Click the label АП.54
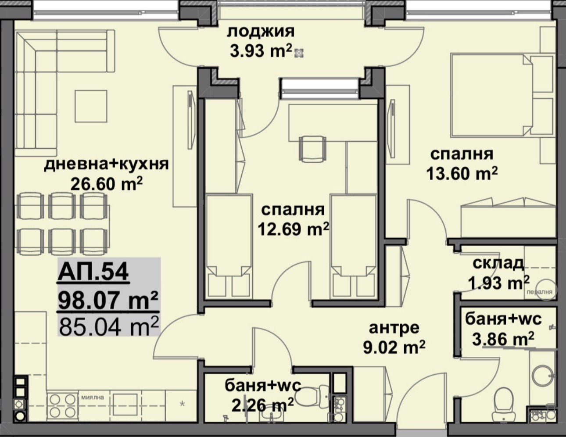pos(93,272)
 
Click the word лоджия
pos(261,32)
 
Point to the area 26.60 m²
pos(107,184)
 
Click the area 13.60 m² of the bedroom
pos(462,174)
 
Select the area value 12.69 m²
pos(293,229)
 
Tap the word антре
pos(394,327)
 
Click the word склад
pos(498,263)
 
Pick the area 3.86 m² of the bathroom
pos(503,339)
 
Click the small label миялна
pos(93,398)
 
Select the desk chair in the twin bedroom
pos(312,148)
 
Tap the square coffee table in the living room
pos(91,106)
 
